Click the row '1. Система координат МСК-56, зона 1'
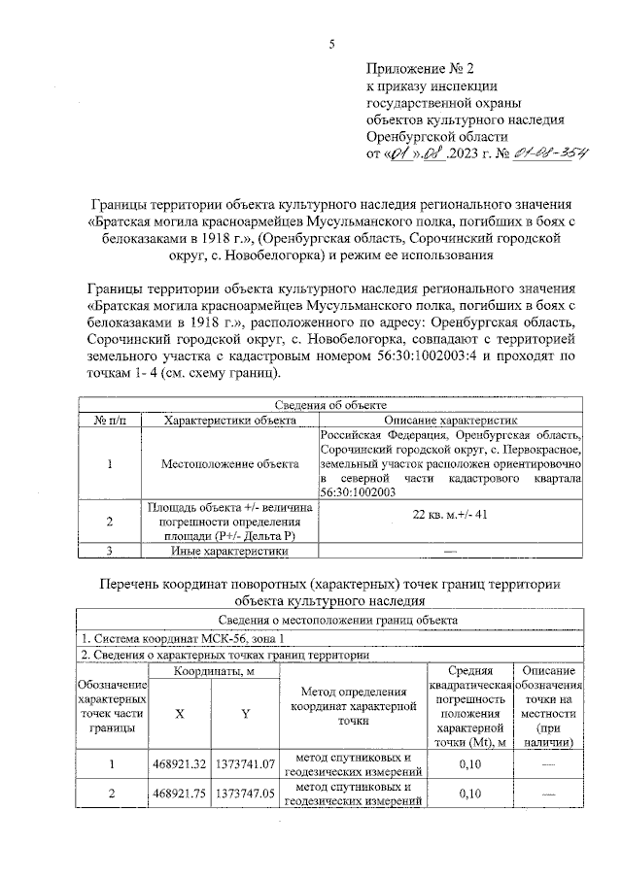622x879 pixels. tap(185, 638)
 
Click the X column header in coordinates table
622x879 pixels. tap(180, 714)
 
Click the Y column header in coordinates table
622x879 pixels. tap(246, 714)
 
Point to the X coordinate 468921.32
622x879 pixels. tap(180, 764)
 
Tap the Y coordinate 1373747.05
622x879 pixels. tap(247, 794)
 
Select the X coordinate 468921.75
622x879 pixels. tap(180, 794)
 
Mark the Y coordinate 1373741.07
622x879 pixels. tap(247, 764)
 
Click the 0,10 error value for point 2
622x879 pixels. tap(470, 794)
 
